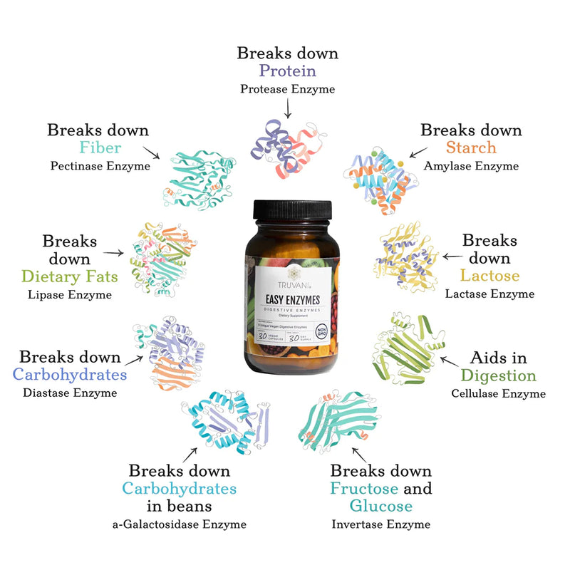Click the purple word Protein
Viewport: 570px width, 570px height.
[287, 71]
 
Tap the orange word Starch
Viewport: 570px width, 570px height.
[471, 148]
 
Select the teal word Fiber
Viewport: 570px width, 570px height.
[100, 148]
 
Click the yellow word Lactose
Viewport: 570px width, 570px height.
[489, 275]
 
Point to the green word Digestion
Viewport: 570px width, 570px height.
[498, 375]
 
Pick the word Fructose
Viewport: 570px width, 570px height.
[363, 489]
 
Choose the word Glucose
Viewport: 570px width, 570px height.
[380, 507]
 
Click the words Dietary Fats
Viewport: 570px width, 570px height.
[70, 276]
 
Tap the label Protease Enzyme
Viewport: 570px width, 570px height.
[287, 89]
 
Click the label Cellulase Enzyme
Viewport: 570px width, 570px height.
[498, 393]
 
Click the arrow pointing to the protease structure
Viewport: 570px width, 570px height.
[287, 109]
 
